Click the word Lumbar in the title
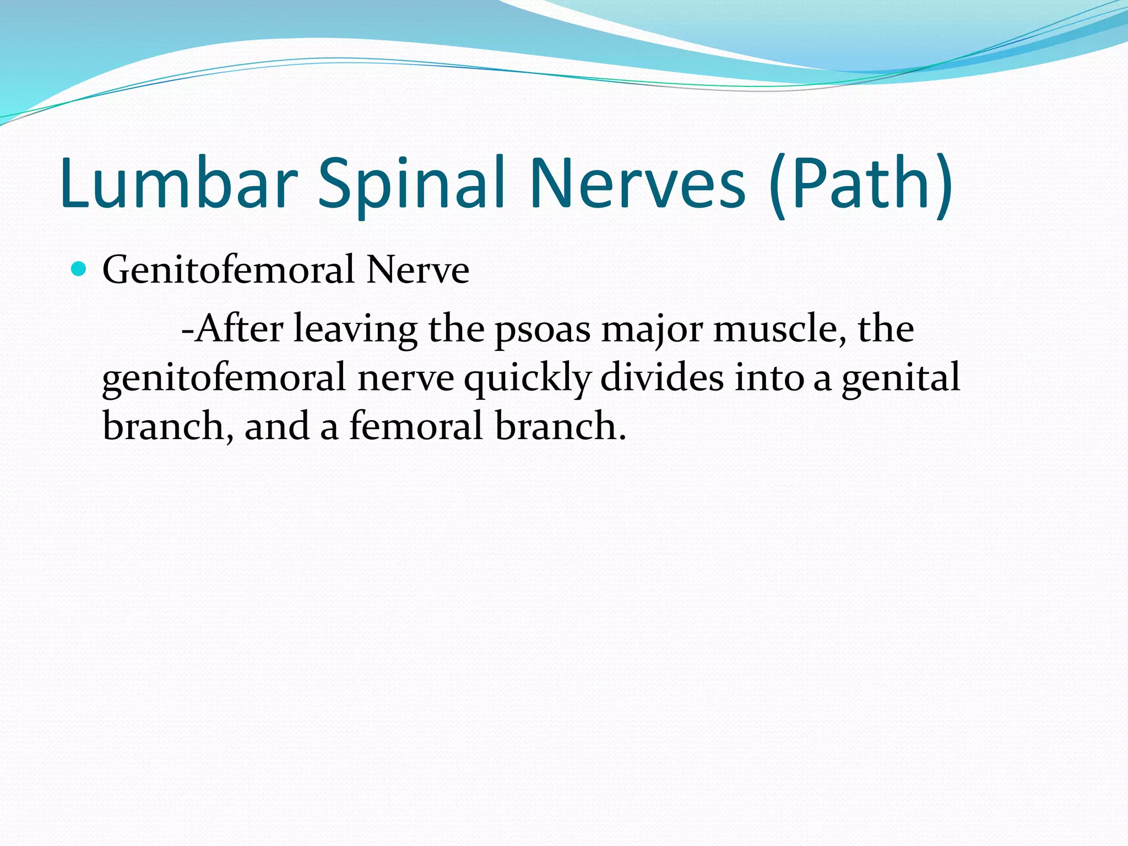tap(179, 183)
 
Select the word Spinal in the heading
tap(411, 183)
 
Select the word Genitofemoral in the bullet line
tap(229, 270)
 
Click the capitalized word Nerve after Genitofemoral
tap(417, 270)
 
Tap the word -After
tap(232, 329)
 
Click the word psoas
tap(543, 329)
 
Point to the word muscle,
tap(779, 329)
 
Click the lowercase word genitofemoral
tap(224, 378)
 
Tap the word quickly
tap(527, 378)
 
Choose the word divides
tap(661, 378)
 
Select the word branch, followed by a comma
tap(167, 426)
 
